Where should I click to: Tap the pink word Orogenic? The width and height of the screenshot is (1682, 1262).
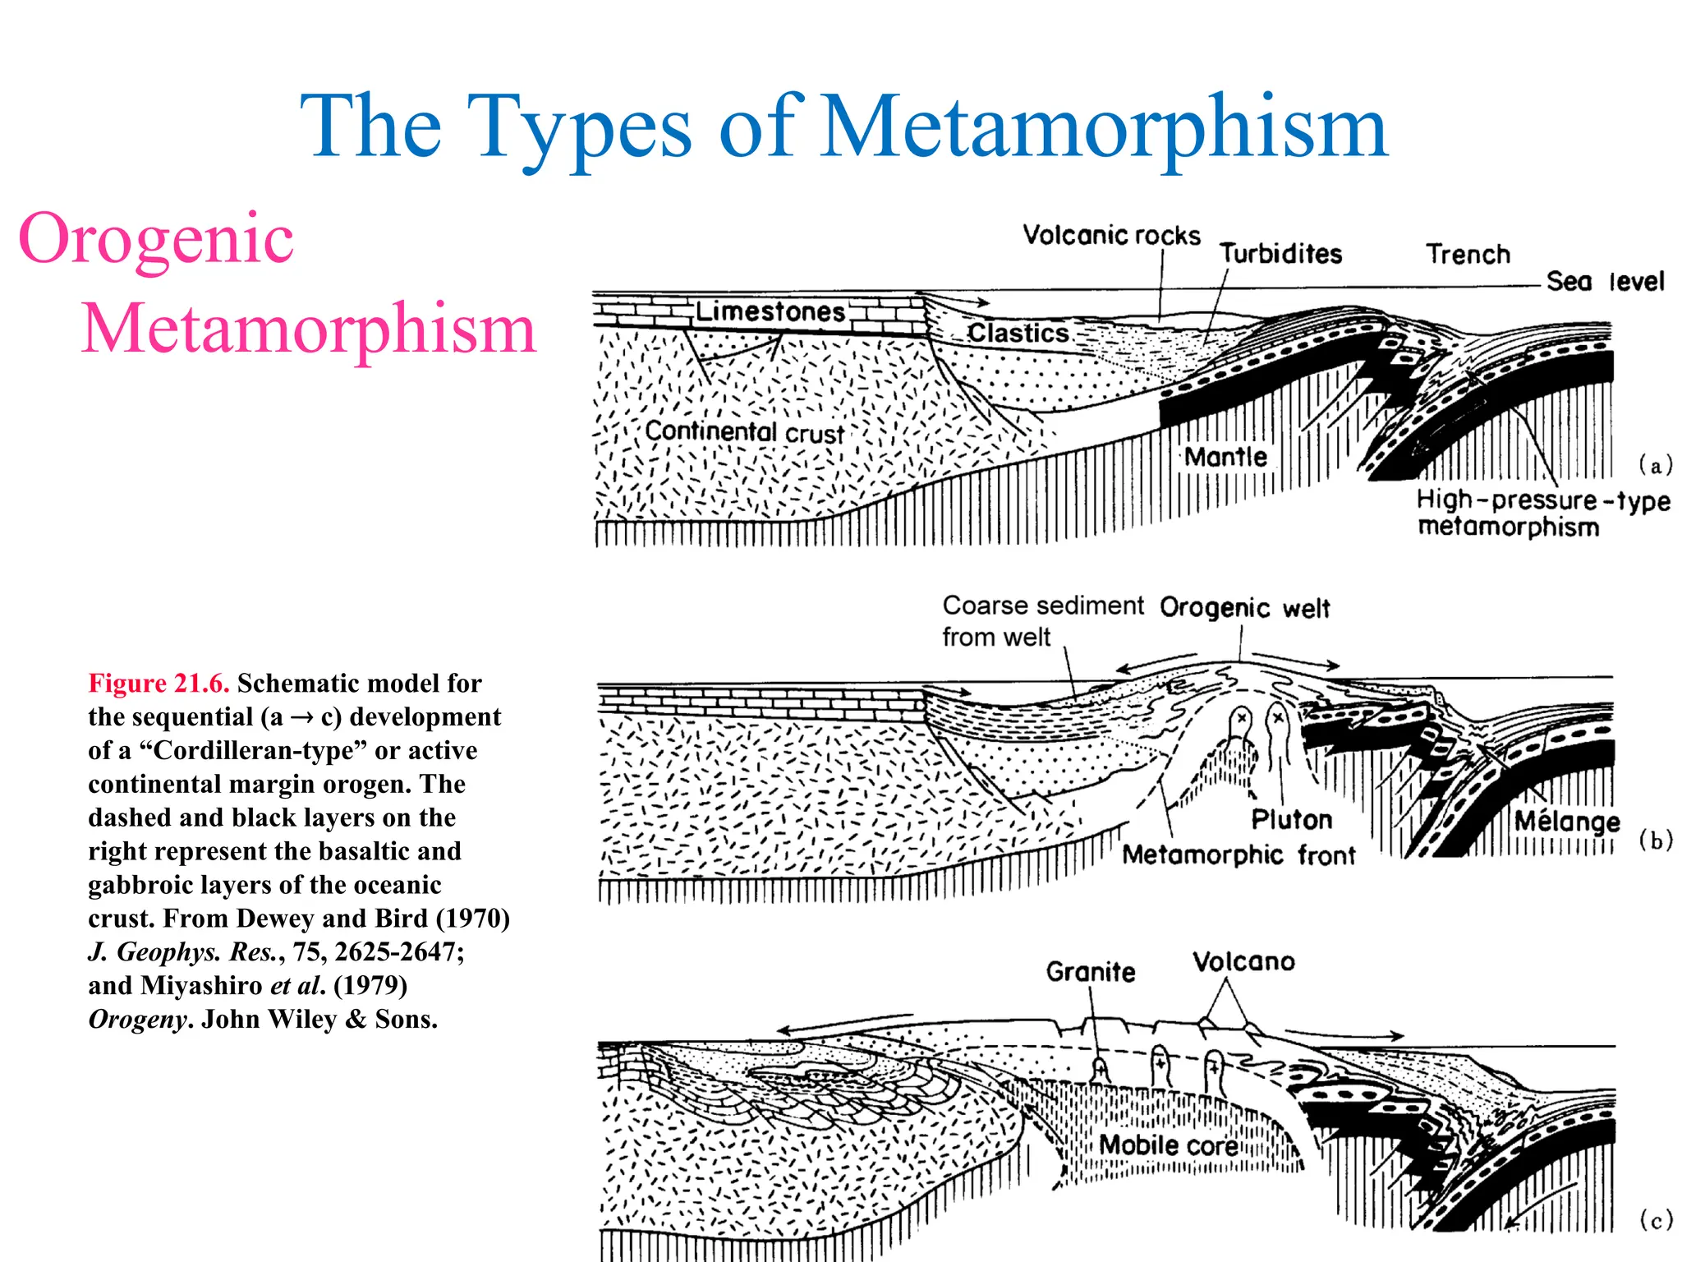(x=156, y=238)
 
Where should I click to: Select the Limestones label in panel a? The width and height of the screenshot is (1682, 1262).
(x=770, y=311)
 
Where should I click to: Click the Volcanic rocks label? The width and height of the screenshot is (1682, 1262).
(x=1111, y=236)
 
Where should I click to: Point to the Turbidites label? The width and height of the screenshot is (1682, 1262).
(x=1280, y=254)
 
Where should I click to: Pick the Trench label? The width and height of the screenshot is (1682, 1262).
(x=1468, y=255)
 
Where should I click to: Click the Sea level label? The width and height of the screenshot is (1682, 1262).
(x=1605, y=282)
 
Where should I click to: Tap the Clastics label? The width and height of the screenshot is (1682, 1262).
(x=1018, y=333)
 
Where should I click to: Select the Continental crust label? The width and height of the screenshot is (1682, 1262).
(x=744, y=431)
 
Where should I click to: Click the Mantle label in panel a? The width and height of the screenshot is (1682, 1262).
(x=1225, y=457)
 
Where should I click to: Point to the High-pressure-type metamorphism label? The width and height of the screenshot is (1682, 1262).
(x=1542, y=513)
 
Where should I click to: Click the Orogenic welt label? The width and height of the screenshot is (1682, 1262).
(x=1244, y=608)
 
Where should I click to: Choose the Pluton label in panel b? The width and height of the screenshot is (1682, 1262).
(x=1291, y=819)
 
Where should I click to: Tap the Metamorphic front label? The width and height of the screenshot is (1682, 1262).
(x=1239, y=855)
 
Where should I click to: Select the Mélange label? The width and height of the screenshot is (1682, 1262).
(x=1567, y=821)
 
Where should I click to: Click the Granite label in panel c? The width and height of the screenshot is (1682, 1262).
(x=1090, y=972)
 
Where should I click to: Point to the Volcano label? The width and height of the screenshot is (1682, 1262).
(x=1243, y=962)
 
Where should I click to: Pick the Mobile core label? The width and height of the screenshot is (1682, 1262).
(x=1168, y=1145)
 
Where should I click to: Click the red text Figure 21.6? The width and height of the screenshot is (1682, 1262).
(x=159, y=684)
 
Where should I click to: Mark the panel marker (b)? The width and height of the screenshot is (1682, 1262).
(x=1656, y=841)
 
